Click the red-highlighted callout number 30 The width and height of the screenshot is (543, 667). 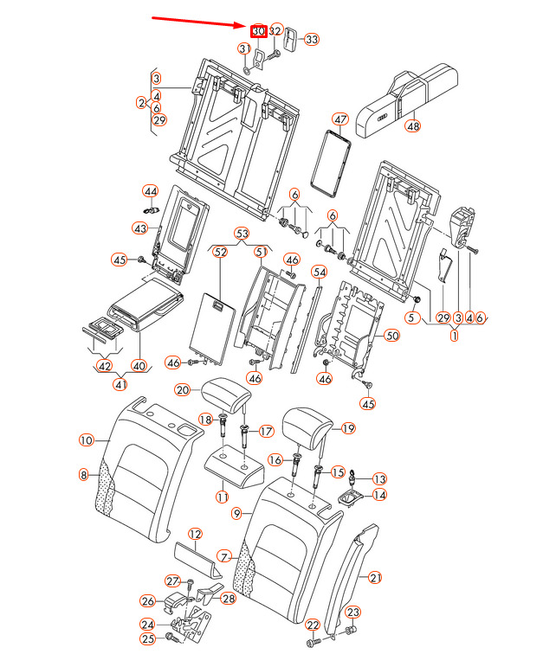click(x=258, y=30)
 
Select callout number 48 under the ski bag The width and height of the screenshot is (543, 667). click(x=412, y=125)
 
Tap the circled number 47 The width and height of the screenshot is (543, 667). click(x=339, y=119)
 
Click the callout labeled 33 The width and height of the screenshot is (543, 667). click(x=311, y=39)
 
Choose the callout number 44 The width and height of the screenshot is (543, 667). click(x=151, y=190)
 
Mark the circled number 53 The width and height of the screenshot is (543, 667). click(x=242, y=234)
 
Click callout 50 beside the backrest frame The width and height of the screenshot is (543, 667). click(x=391, y=335)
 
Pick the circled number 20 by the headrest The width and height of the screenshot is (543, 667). click(x=182, y=390)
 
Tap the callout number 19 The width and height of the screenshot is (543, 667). click(x=349, y=427)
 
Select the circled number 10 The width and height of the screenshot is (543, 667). click(x=86, y=440)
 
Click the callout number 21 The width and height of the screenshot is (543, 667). click(x=374, y=577)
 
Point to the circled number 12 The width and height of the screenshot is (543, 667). click(x=195, y=535)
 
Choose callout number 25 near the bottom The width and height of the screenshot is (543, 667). click(x=147, y=639)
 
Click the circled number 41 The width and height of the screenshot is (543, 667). click(x=121, y=384)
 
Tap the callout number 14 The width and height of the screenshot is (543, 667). click(x=379, y=495)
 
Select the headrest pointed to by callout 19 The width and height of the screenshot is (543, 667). click(x=304, y=424)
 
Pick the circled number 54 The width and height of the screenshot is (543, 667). click(x=319, y=272)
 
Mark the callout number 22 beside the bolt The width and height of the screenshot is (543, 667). click(x=313, y=625)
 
